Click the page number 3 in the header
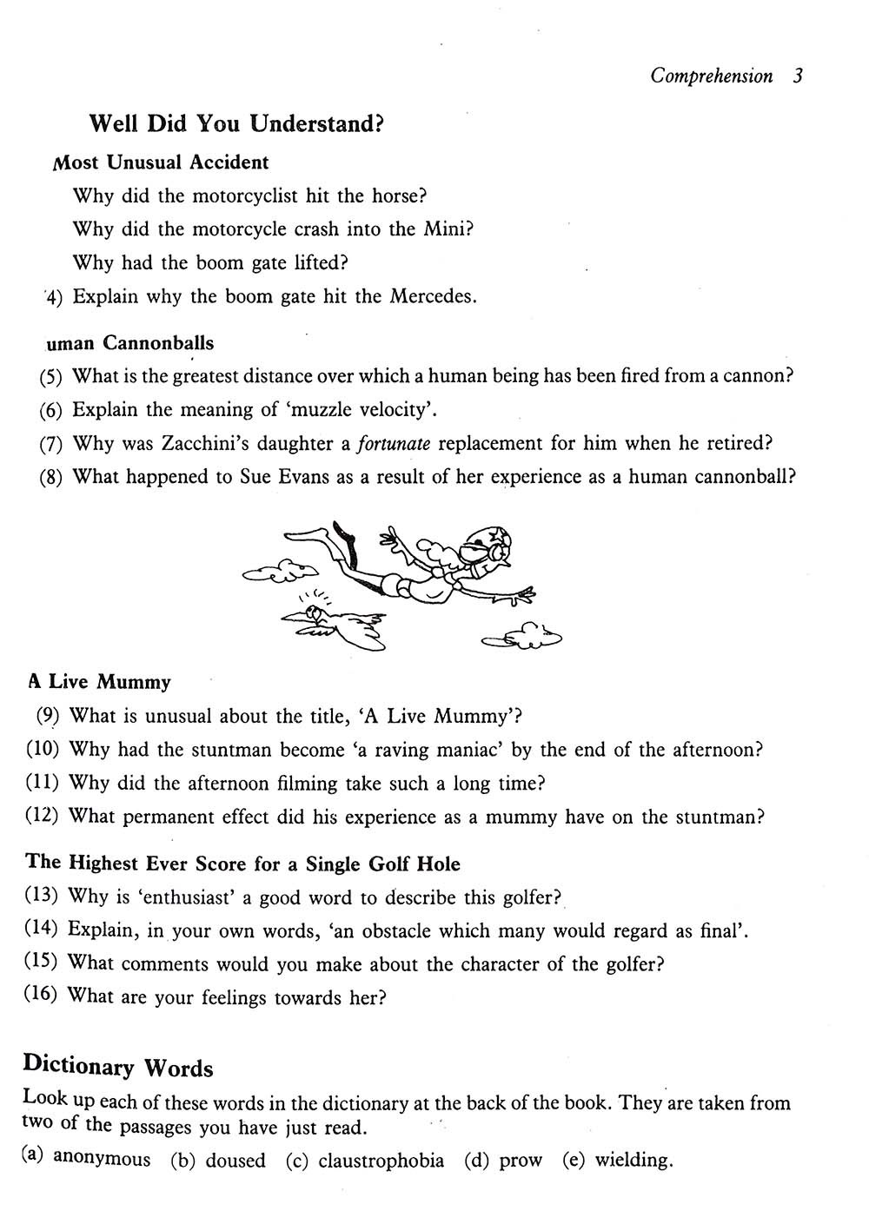(798, 76)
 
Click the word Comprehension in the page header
(711, 76)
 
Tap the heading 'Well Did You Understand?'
(236, 123)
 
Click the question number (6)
(51, 410)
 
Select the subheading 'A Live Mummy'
(99, 682)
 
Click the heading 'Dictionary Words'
(117, 1066)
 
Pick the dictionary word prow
(521, 1161)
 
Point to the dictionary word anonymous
(102, 1159)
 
